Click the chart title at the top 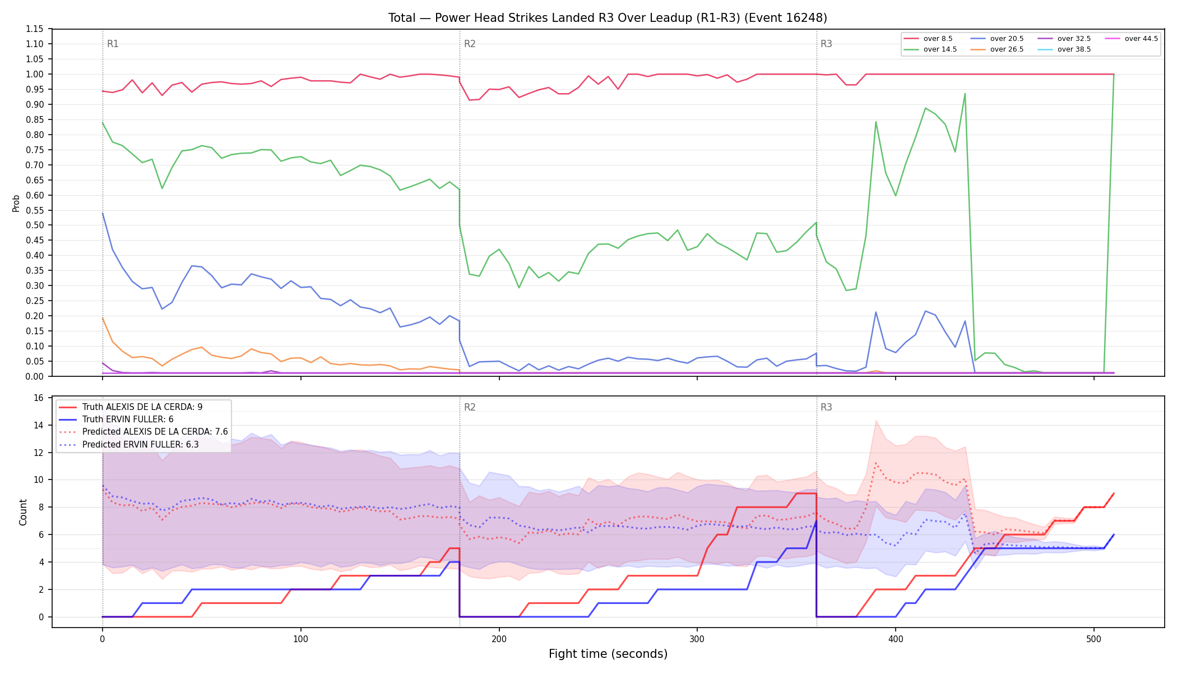point(608,18)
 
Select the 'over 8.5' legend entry point(928,39)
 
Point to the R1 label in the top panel point(113,44)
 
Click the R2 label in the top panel point(470,44)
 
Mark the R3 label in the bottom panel point(826,407)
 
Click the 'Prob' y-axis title point(16,203)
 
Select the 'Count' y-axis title point(23,512)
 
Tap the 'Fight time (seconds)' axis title point(608,654)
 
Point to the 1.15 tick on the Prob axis point(35,29)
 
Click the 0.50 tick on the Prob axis point(35,225)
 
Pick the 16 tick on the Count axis point(39,398)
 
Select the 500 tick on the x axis point(1093,639)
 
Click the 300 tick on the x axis point(697,639)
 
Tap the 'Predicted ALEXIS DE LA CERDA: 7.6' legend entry point(143,432)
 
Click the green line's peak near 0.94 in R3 point(965,94)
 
